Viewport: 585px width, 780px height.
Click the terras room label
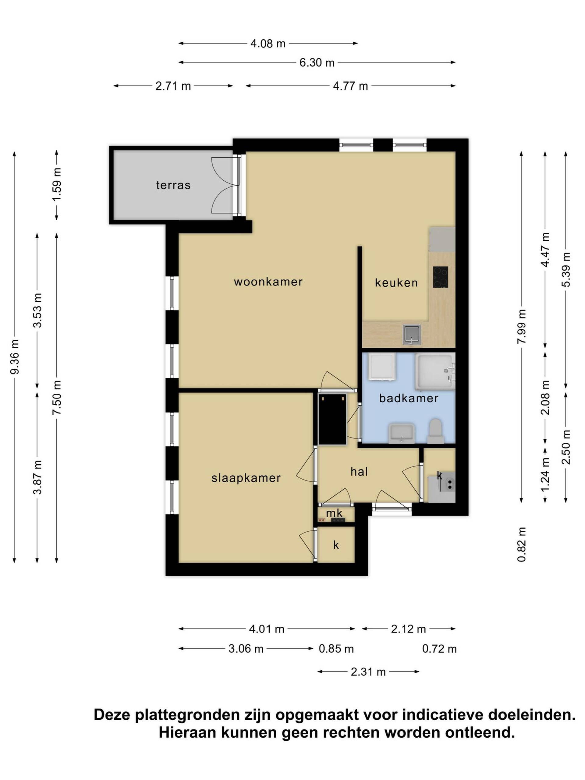pos(173,185)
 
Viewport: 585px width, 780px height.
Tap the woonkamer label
pos(268,282)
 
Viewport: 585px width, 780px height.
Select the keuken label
pos(396,282)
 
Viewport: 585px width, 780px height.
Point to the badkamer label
pos(409,398)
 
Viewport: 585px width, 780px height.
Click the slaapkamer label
pos(246,478)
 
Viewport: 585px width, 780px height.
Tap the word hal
pos(359,471)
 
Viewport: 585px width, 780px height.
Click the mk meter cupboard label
pos(334,513)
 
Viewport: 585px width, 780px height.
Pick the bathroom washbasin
pos(401,433)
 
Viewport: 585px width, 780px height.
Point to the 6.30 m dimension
pos(317,63)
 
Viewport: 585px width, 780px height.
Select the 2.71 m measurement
pos(173,86)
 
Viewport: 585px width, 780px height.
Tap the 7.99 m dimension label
pos(522,326)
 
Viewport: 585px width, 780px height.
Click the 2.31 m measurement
pos(368,672)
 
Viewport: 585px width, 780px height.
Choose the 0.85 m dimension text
pos(336,649)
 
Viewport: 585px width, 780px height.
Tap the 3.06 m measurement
pos(246,649)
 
